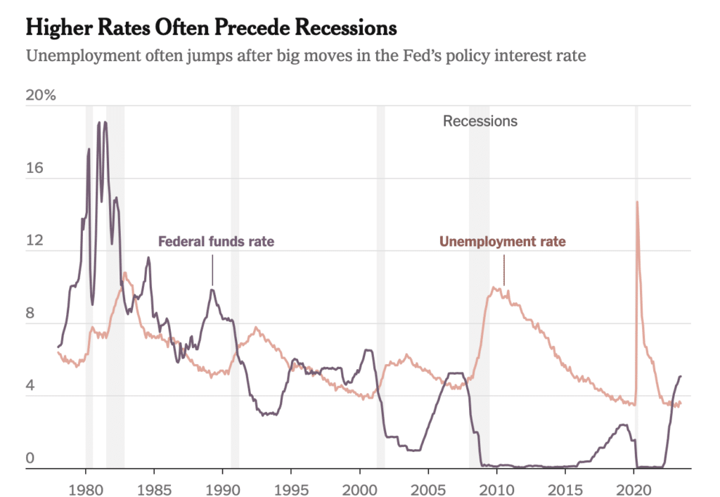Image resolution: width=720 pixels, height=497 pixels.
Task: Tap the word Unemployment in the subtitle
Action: pyautogui.click(x=79, y=56)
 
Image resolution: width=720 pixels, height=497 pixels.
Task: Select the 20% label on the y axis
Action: pyautogui.click(x=40, y=96)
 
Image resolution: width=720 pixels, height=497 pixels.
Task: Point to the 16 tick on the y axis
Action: pyautogui.click(x=35, y=169)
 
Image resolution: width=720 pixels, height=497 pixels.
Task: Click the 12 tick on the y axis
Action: pyautogui.click(x=35, y=241)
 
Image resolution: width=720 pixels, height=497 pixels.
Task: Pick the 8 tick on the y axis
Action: pyautogui.click(x=31, y=314)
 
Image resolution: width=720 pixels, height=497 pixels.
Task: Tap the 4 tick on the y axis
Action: pyautogui.click(x=31, y=387)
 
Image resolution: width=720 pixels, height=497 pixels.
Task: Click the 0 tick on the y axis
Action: pyautogui.click(x=31, y=459)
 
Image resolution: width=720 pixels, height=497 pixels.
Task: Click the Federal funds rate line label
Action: pyautogui.click(x=216, y=242)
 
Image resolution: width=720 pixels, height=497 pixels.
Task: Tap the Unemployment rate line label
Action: pyautogui.click(x=502, y=242)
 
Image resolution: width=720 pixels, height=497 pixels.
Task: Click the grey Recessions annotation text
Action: pyautogui.click(x=480, y=121)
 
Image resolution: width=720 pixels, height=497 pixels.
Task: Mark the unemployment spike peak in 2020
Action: pyautogui.click(x=637, y=202)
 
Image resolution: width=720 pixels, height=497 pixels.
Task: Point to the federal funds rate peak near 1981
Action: pyautogui.click(x=105, y=123)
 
